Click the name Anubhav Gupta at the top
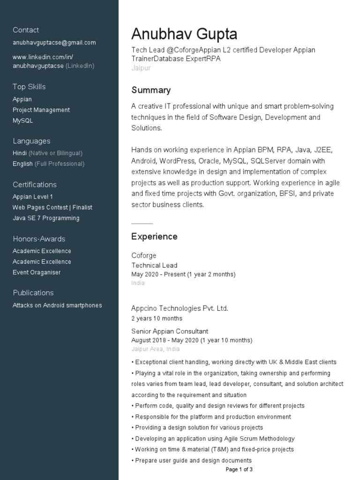coord(184,34)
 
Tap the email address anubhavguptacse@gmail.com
coord(54,43)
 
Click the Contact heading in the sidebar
coord(26,30)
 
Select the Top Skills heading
coord(29,87)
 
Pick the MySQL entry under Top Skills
coord(22,120)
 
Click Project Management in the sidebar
coord(41,110)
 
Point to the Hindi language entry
coord(19,153)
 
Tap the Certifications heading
coord(35,185)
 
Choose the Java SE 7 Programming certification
coord(46,218)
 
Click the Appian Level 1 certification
coord(33,196)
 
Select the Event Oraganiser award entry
coord(37,272)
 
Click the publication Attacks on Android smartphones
coord(57,305)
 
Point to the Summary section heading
coord(151,90)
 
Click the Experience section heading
coord(154,237)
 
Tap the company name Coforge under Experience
coord(144,255)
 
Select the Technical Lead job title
coord(154,265)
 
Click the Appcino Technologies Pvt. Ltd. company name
coord(180,308)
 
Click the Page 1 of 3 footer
coord(239,469)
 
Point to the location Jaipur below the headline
coord(141,68)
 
